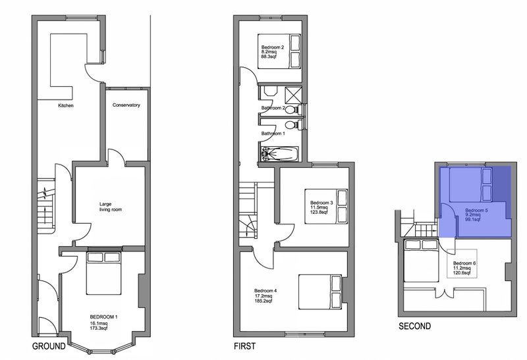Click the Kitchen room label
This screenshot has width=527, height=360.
click(x=65, y=105)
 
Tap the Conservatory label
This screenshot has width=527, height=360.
click(x=126, y=105)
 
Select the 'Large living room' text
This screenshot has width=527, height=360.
click(x=110, y=207)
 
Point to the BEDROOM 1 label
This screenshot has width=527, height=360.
click(x=103, y=317)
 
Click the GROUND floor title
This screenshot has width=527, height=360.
click(x=49, y=346)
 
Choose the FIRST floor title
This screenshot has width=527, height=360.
click(x=244, y=346)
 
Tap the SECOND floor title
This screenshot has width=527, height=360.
click(x=415, y=326)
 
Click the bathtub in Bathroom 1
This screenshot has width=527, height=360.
click(x=279, y=154)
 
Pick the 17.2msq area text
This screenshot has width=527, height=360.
click(x=263, y=296)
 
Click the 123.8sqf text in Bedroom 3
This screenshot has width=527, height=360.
click(x=319, y=212)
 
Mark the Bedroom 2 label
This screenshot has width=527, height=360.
click(x=273, y=47)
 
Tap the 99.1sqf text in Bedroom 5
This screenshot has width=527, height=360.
click(x=473, y=219)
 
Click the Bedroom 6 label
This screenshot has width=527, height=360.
click(x=464, y=263)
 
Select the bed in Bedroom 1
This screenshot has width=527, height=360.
click(x=103, y=272)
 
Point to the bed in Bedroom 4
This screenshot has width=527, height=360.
click(x=321, y=292)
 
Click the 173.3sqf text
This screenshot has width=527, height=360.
click(x=99, y=328)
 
